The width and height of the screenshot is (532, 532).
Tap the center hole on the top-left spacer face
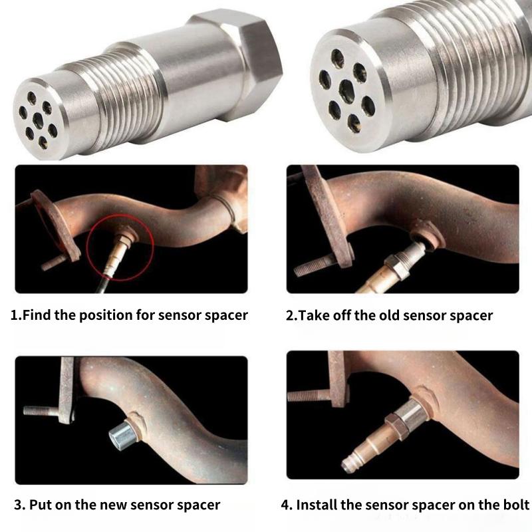(38, 120)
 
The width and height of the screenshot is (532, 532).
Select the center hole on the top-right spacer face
(346, 90)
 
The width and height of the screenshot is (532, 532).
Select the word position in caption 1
(107, 315)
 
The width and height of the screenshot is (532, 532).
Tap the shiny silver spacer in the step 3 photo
(121, 434)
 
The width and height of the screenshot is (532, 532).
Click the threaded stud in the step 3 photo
(41, 411)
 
